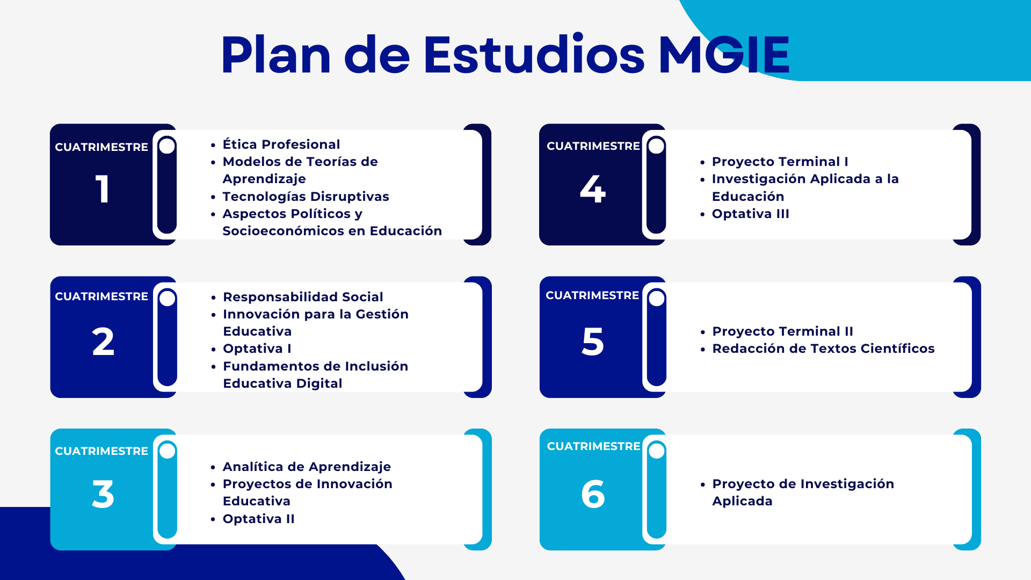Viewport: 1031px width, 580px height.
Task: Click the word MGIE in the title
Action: (724, 54)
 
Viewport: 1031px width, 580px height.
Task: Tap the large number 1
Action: (103, 189)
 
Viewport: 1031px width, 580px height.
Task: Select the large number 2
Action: (103, 342)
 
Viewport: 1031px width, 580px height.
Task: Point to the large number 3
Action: (103, 494)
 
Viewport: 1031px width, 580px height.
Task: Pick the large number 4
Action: (593, 189)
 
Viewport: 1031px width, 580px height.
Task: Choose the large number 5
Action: (593, 342)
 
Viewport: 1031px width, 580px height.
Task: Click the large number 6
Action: (593, 494)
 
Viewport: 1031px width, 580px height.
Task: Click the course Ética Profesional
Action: (281, 144)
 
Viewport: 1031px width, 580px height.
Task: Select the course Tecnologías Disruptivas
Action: (306, 197)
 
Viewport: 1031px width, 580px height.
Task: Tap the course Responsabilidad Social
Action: (303, 297)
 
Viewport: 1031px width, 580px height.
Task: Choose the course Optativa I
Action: (257, 349)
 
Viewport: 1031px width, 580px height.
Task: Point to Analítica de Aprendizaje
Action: (307, 467)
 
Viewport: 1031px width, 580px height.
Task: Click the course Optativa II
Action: (258, 519)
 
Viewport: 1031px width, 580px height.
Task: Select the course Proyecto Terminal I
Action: (780, 162)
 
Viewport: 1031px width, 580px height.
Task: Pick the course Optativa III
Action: (750, 214)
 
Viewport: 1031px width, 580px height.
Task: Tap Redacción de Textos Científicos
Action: (823, 349)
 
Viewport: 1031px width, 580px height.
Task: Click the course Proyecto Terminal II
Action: (782, 331)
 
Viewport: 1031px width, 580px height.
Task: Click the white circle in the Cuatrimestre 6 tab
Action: (657, 451)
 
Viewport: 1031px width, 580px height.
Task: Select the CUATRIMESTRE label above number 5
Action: (592, 295)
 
